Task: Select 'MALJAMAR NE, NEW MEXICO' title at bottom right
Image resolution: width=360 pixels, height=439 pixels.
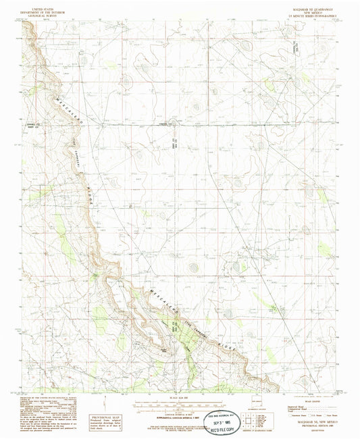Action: pos(307,421)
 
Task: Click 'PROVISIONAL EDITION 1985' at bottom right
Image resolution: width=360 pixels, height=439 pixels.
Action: pos(307,426)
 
